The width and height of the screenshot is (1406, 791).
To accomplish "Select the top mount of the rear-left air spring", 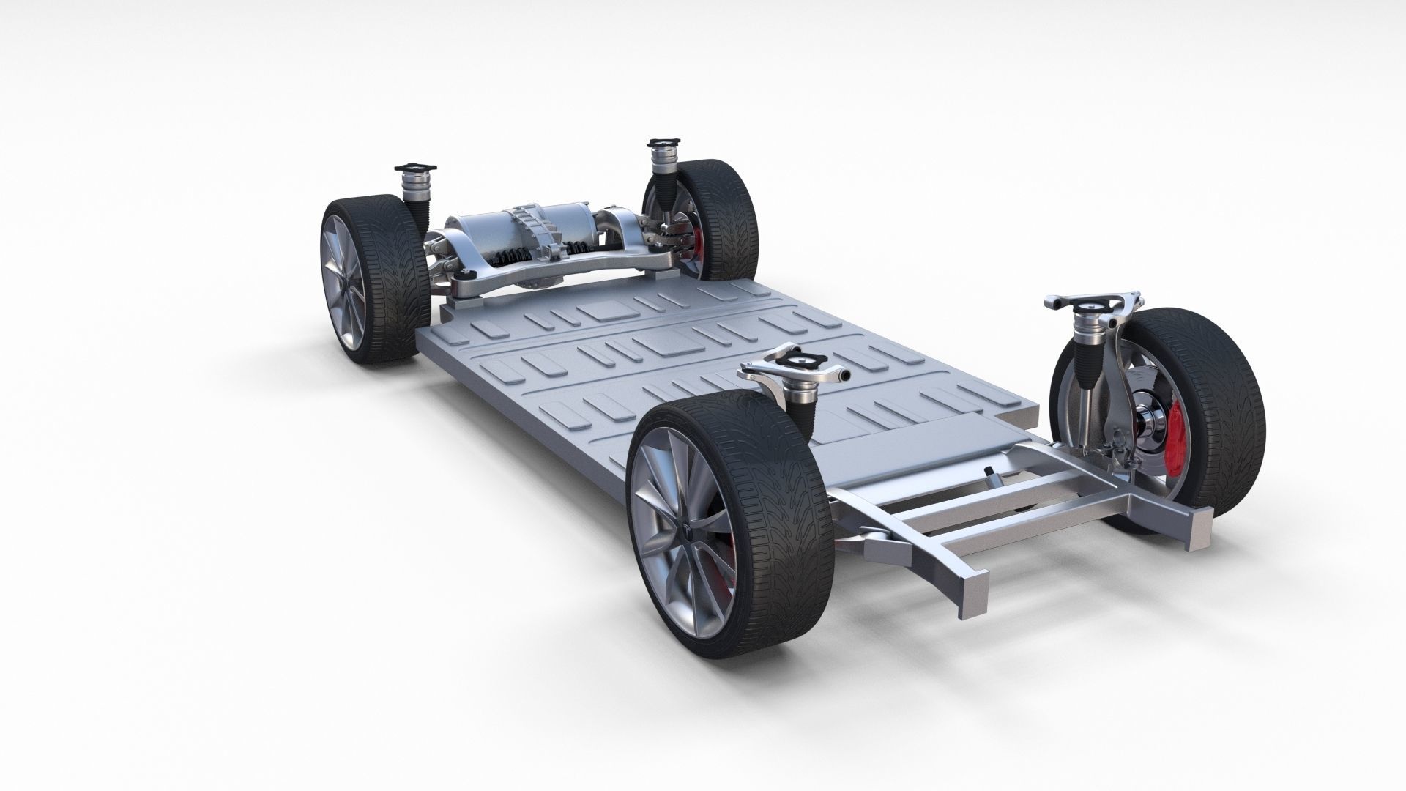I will (411, 172).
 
